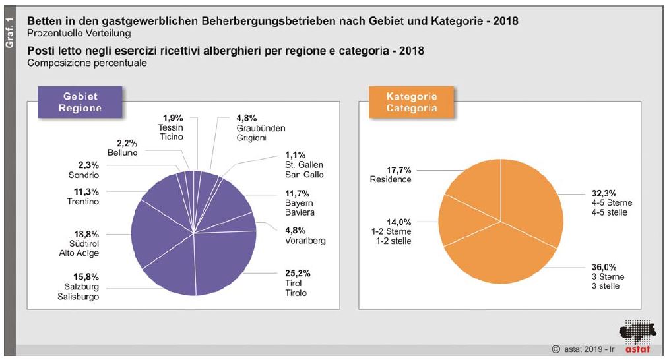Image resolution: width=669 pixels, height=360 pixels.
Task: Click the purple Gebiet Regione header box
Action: tap(80, 102)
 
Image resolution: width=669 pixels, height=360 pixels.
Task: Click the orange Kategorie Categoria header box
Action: tap(412, 102)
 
